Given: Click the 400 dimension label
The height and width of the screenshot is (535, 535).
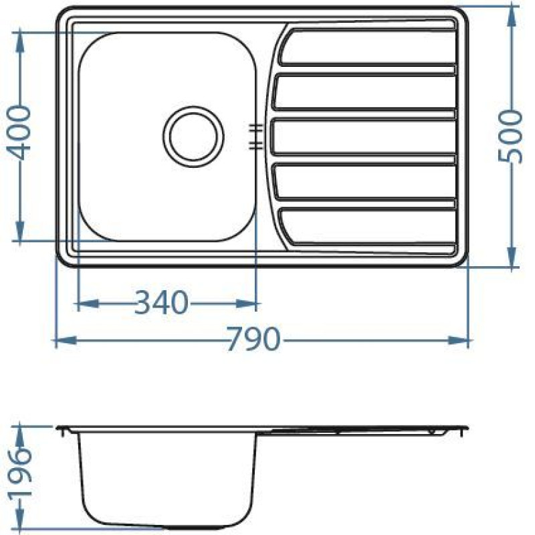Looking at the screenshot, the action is (x=19, y=132).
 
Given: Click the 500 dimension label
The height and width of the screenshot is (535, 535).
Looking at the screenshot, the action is (x=510, y=136).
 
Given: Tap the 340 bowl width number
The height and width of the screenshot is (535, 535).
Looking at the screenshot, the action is (x=161, y=302).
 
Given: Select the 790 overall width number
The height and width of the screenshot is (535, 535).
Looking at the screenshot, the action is (x=253, y=339).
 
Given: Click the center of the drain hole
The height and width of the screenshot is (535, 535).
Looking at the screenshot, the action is (x=193, y=136).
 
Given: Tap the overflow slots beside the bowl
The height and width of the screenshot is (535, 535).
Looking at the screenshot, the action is (x=255, y=136).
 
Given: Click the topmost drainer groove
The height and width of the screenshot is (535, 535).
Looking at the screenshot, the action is (x=367, y=47).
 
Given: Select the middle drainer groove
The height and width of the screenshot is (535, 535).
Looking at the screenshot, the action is (x=364, y=136).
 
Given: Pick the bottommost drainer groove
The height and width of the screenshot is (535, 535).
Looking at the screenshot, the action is (x=367, y=226).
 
